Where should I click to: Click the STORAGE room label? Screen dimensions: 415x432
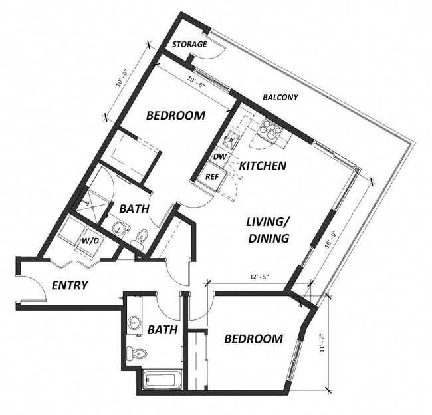coord(189,45)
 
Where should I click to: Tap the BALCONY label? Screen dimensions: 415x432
coord(280,98)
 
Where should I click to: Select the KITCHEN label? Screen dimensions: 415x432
coord(263,165)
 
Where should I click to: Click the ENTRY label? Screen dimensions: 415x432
coord(70,285)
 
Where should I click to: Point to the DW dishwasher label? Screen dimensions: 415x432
coord(219,156)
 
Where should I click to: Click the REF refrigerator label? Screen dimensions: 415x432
coord(212,177)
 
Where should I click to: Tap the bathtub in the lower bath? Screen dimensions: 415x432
coord(160,380)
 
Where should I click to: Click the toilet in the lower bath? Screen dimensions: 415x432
coord(136,352)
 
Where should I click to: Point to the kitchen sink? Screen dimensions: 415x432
coord(233,139)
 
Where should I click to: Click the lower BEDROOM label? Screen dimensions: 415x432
coord(253,339)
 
